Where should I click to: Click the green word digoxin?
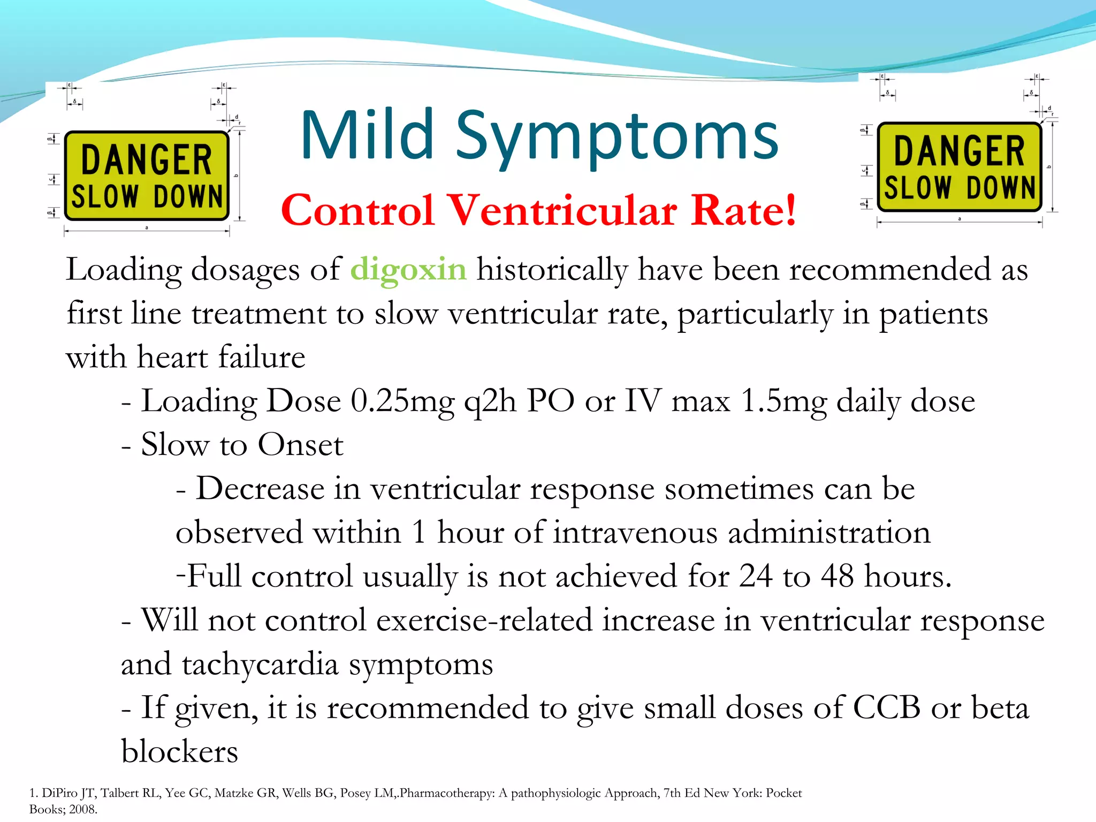pyautogui.click(x=408, y=270)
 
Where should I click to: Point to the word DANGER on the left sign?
pyautogui.click(x=147, y=160)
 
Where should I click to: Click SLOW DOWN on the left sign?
pyautogui.click(x=147, y=196)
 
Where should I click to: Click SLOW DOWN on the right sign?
pyautogui.click(x=959, y=187)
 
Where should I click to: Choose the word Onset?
pyautogui.click(x=300, y=445)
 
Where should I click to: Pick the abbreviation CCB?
pyautogui.click(x=886, y=708)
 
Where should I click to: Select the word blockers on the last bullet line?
pyautogui.click(x=179, y=752)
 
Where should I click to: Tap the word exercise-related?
pyautogui.click(x=484, y=621)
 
